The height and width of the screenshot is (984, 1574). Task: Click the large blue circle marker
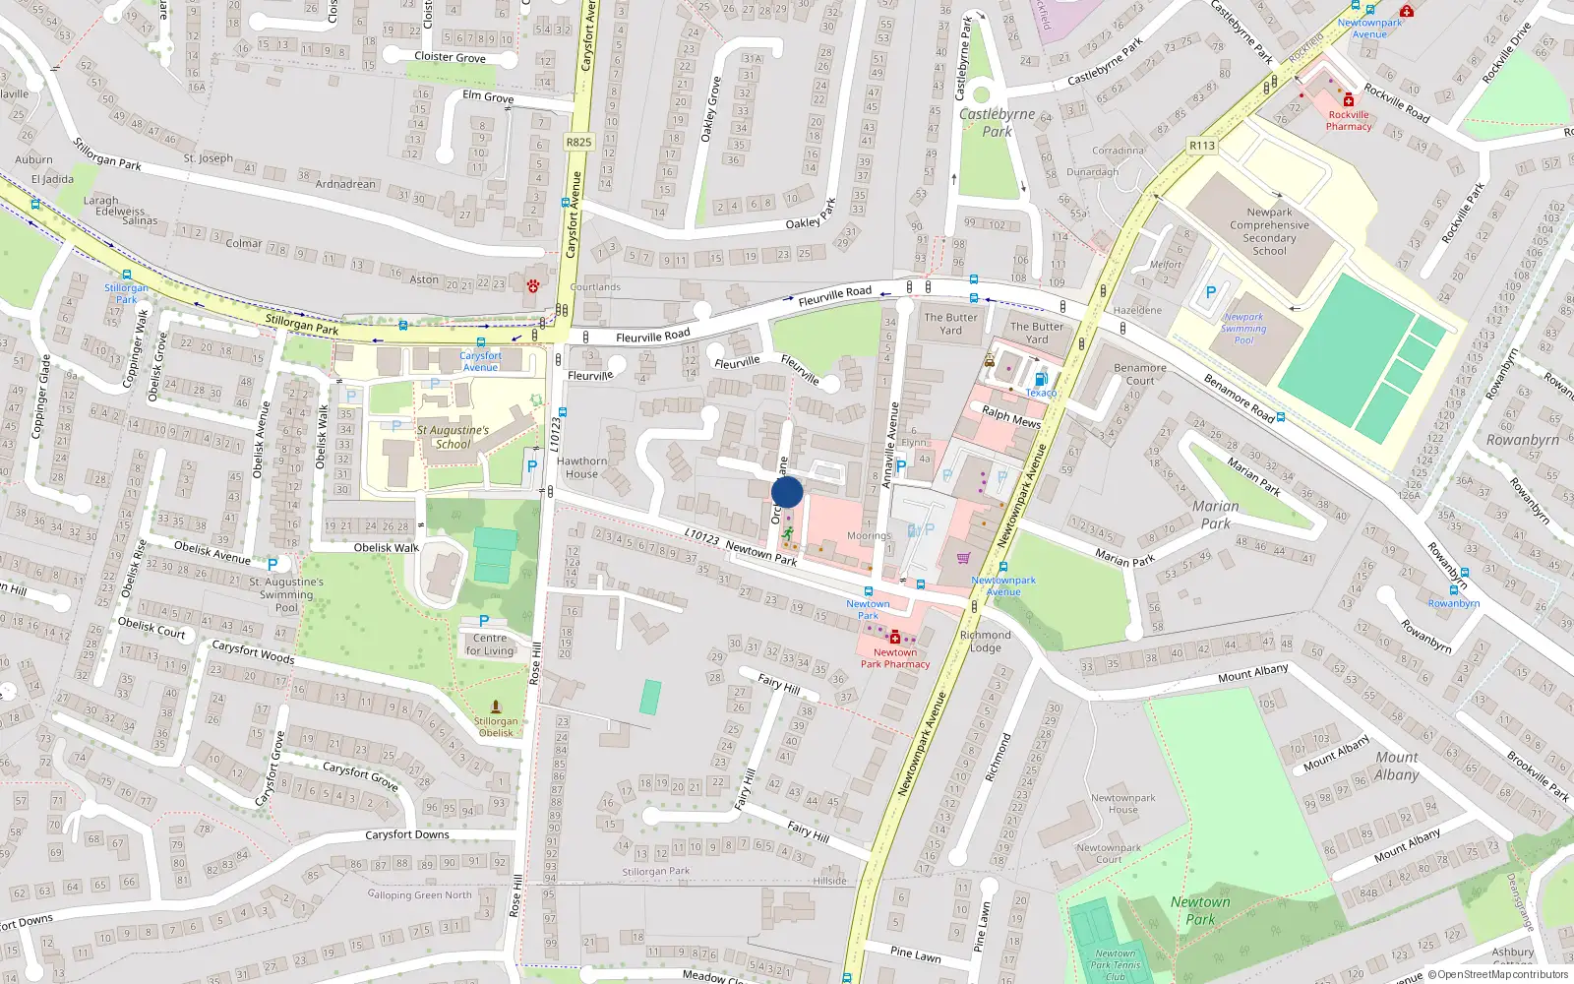click(787, 492)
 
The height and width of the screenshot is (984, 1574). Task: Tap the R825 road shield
click(578, 142)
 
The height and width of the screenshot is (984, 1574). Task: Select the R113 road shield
click(1202, 146)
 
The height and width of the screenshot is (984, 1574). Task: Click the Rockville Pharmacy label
click(1349, 120)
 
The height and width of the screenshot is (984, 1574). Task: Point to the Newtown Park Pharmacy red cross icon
click(895, 638)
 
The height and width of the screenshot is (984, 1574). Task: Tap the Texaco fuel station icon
click(1041, 379)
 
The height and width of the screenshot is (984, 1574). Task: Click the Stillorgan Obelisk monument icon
click(495, 707)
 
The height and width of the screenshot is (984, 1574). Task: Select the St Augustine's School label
click(453, 437)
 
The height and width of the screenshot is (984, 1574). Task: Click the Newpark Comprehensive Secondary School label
click(1269, 231)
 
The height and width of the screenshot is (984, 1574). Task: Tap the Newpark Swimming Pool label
click(1243, 329)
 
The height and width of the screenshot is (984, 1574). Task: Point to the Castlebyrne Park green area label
click(997, 122)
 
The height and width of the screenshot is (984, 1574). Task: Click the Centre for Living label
click(490, 645)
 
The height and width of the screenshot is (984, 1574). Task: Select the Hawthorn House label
click(581, 467)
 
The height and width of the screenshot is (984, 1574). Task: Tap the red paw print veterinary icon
click(532, 285)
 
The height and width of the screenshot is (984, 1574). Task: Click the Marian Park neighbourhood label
click(1215, 515)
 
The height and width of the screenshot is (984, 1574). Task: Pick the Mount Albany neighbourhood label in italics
click(1397, 766)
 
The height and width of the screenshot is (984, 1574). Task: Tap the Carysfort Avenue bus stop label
click(480, 361)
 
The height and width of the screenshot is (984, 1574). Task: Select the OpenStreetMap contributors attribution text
click(1497, 974)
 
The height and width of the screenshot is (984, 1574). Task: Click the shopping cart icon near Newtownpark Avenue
click(963, 558)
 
